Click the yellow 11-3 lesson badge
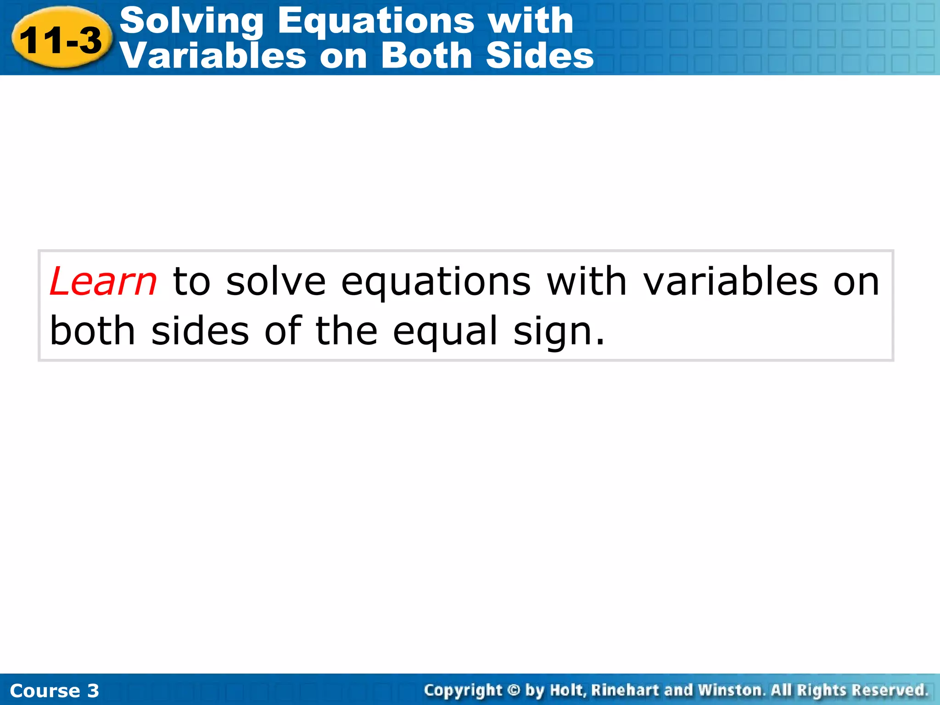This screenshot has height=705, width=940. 61,39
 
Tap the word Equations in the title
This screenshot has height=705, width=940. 376,22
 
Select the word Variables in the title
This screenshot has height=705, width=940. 213,56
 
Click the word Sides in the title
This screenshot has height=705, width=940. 540,56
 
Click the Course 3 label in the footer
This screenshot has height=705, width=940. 54,690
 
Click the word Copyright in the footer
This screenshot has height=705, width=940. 463,690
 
